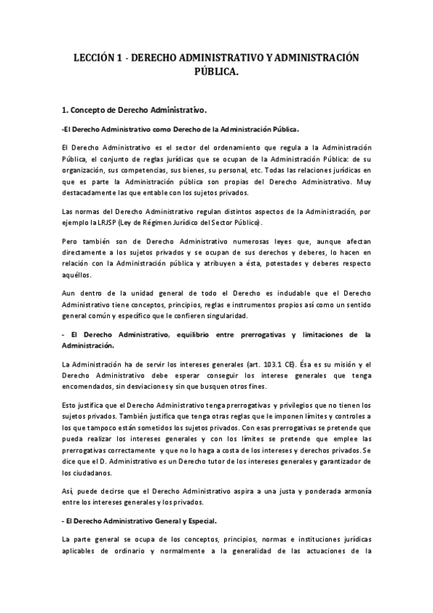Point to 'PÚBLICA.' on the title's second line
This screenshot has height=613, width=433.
pyautogui.click(x=216, y=71)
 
